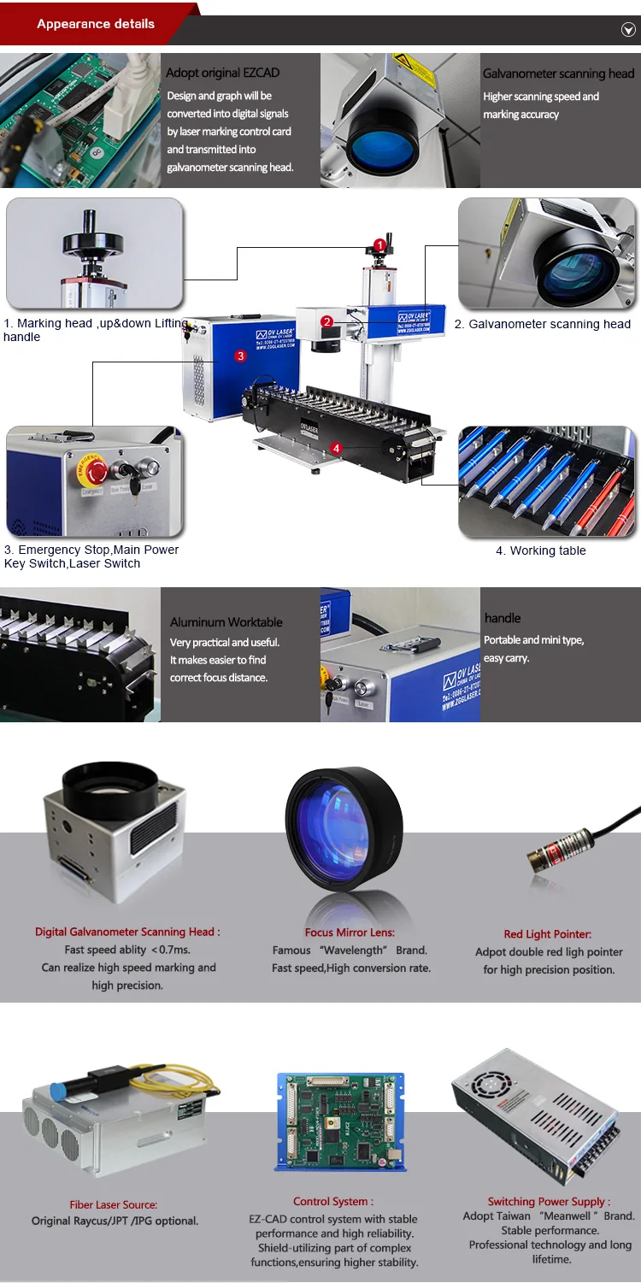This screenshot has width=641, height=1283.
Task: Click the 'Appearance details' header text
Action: [96, 24]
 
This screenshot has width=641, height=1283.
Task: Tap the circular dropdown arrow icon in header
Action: [627, 30]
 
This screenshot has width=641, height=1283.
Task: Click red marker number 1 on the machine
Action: [379, 246]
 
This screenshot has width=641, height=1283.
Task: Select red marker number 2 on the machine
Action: [327, 321]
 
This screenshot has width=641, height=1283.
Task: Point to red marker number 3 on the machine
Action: [241, 356]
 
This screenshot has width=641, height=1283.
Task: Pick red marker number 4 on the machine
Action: [337, 448]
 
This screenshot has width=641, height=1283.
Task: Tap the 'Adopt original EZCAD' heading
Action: [222, 74]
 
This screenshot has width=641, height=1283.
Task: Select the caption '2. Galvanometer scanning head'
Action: [542, 324]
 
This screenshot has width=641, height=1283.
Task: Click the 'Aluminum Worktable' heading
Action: [226, 622]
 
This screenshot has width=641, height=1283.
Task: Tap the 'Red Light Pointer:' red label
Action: [547, 934]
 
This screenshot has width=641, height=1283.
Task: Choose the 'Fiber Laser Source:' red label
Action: [114, 1204]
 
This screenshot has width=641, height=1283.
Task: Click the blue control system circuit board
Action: [340, 1121]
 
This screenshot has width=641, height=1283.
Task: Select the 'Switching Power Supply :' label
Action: [549, 1201]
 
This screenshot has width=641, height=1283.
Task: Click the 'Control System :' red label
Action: [332, 1201]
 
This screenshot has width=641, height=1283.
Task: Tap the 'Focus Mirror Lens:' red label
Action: [350, 933]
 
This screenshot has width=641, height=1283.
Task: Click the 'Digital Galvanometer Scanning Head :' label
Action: [127, 932]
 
